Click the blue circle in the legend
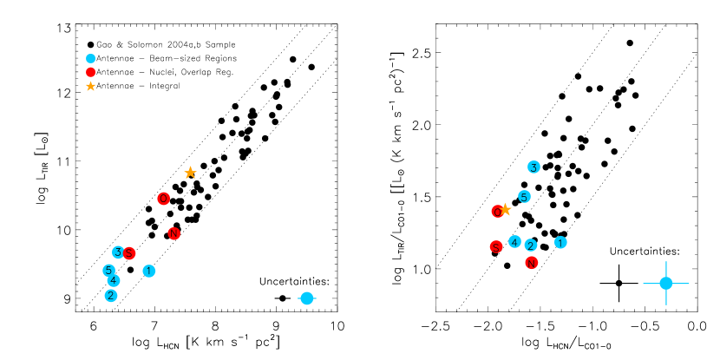coord(90,58)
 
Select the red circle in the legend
coord(90,72)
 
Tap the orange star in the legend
coord(90,86)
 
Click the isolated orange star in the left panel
coord(190,173)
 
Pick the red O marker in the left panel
coord(163,199)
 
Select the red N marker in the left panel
coord(173,233)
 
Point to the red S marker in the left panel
coord(129,253)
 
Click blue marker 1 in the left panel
coord(149,271)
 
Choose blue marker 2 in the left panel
coord(111,295)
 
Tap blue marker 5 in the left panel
coord(108,270)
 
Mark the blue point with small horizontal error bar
coord(306,298)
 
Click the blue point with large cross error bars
coord(666,283)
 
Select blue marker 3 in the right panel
coord(533,167)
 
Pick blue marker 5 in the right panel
coord(524,196)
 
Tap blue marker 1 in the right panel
coord(560,242)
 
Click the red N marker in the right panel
coord(531,262)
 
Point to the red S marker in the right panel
coord(496,246)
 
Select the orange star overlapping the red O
coord(505,209)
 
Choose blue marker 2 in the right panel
coord(531,245)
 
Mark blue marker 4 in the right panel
coord(514,241)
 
